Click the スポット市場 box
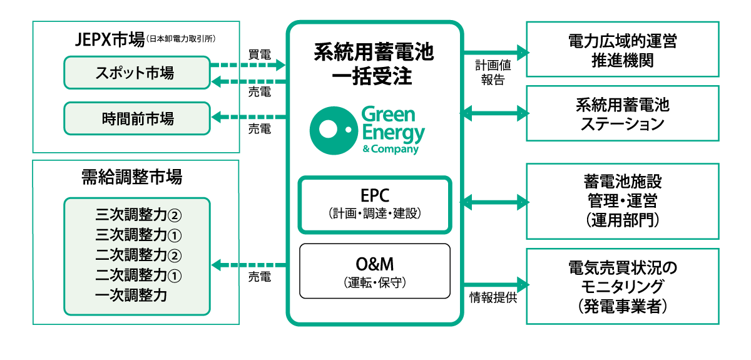136,73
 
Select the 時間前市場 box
136,118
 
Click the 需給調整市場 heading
131,177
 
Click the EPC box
375,205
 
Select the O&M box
375,270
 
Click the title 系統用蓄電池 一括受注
374,65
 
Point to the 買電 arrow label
259,54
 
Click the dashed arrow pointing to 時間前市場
248,116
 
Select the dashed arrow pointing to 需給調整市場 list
248,265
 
